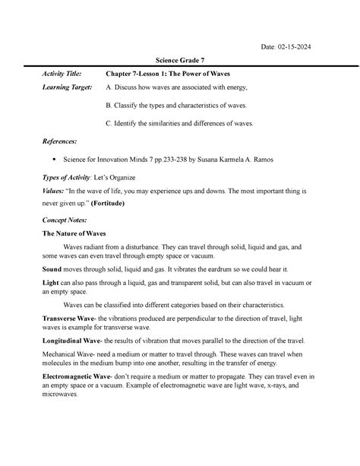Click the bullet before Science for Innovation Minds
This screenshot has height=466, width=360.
(54, 161)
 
